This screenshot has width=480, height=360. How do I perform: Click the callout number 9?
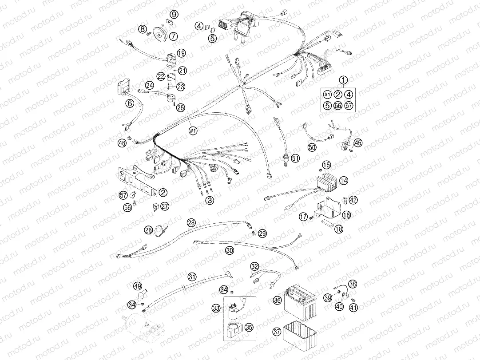tap(174, 15)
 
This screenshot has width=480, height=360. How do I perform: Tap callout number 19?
tap(181, 53)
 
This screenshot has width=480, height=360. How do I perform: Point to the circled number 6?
tap(130, 103)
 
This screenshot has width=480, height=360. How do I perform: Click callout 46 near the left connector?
tap(122, 142)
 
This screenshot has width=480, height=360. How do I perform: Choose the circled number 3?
tap(210, 201)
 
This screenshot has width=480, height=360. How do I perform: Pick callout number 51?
tap(296, 158)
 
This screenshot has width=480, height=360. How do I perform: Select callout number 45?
tap(357, 142)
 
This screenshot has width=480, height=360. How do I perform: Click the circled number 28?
tap(191, 222)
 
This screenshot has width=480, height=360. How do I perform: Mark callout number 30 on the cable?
tap(229, 250)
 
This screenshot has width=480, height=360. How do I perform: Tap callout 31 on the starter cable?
tap(191, 277)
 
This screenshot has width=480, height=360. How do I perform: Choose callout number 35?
tap(249, 327)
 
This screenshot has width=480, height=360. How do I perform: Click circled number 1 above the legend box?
tap(343, 80)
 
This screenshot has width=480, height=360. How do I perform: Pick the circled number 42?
tap(353, 200)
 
